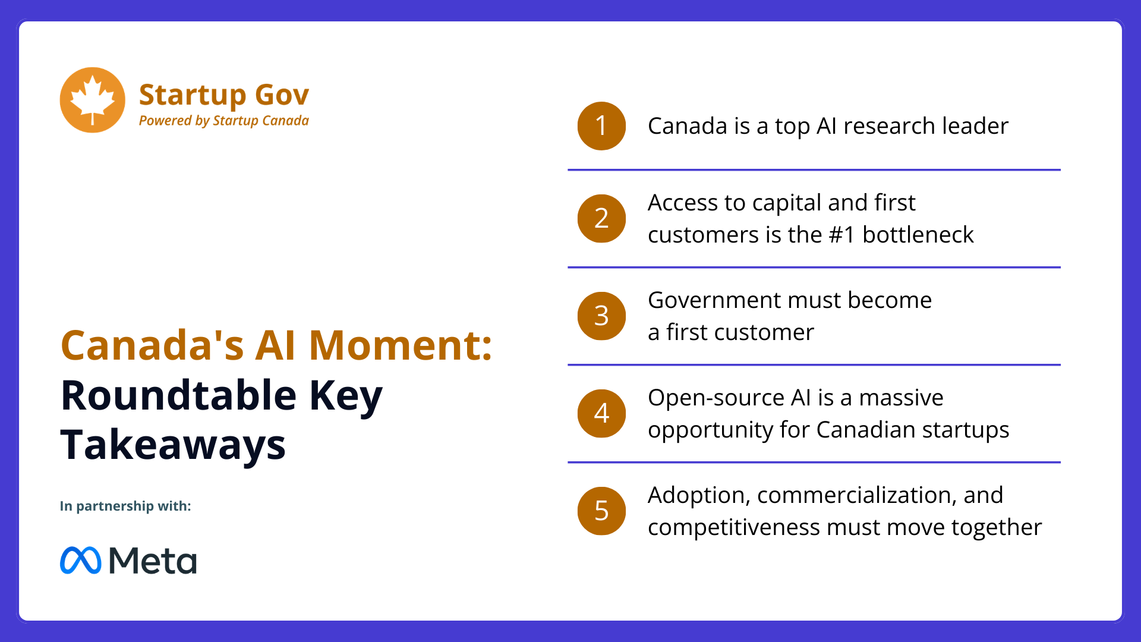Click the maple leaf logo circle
tap(93, 100)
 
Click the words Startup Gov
tap(224, 95)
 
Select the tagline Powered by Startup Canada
tap(224, 121)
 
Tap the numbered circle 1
tap(601, 126)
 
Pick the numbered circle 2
tap(601, 218)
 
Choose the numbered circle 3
tap(601, 316)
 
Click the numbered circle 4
tap(601, 413)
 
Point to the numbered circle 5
tap(601, 511)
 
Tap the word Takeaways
tap(173, 445)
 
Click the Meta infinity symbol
tap(81, 560)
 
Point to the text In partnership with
tap(125, 506)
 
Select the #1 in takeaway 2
tap(842, 235)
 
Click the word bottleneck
tap(918, 235)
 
